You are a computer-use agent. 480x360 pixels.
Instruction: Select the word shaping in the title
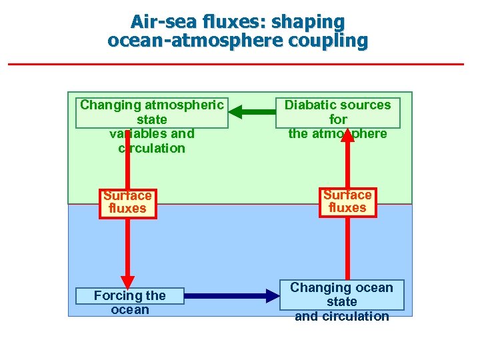pyautogui.click(x=313, y=22)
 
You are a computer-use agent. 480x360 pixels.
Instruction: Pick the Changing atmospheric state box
pyautogui.click(x=152, y=112)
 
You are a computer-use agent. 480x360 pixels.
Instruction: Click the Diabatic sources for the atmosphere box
pyautogui.click(x=338, y=112)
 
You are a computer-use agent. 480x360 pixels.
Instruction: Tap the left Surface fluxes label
pyautogui.click(x=127, y=202)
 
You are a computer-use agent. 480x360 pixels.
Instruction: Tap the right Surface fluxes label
pyautogui.click(x=347, y=201)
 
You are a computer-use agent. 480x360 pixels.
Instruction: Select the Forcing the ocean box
pyautogui.click(x=130, y=302)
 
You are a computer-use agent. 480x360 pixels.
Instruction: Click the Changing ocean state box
pyautogui.click(x=341, y=295)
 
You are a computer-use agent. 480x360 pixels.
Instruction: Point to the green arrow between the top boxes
pyautogui.click(x=252, y=111)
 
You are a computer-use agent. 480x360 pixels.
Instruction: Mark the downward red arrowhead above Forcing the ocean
pyautogui.click(x=127, y=281)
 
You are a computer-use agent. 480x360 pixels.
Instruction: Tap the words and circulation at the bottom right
pyautogui.click(x=341, y=316)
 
